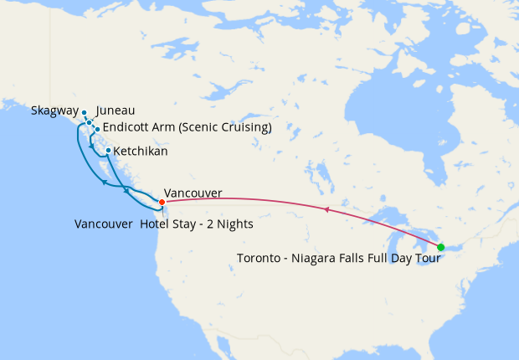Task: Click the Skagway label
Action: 54,111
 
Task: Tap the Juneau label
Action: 116,111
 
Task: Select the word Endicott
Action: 127,128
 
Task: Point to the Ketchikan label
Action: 140,152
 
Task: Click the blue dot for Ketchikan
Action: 109,151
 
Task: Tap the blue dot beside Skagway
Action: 85,112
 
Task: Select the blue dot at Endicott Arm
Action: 97,129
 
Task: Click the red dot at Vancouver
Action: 162,202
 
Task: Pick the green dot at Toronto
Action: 440,247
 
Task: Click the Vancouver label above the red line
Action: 193,193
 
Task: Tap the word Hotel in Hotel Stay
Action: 157,224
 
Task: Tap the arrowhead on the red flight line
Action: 326,208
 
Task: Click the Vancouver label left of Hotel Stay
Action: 103,224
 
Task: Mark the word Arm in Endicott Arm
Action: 165,128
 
